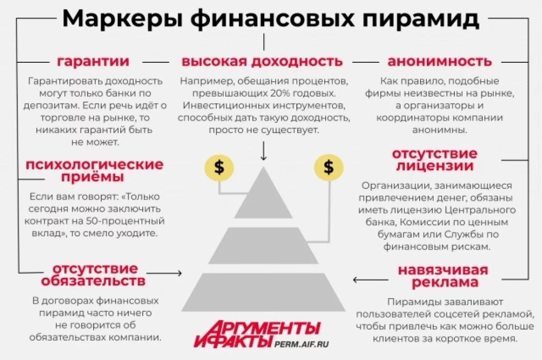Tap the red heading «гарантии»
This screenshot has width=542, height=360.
(93, 61)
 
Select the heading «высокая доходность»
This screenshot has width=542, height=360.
(262, 61)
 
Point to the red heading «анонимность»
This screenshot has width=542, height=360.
(439, 61)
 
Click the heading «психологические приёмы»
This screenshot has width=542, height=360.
(94, 170)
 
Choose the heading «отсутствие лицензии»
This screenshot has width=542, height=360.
(435, 159)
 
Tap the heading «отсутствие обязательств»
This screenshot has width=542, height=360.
(94, 275)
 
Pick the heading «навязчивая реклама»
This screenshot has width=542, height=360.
(443, 276)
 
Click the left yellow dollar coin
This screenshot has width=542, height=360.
(219, 168)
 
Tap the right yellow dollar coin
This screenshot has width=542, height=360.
(329, 168)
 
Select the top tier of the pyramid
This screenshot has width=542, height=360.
(263, 197)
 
